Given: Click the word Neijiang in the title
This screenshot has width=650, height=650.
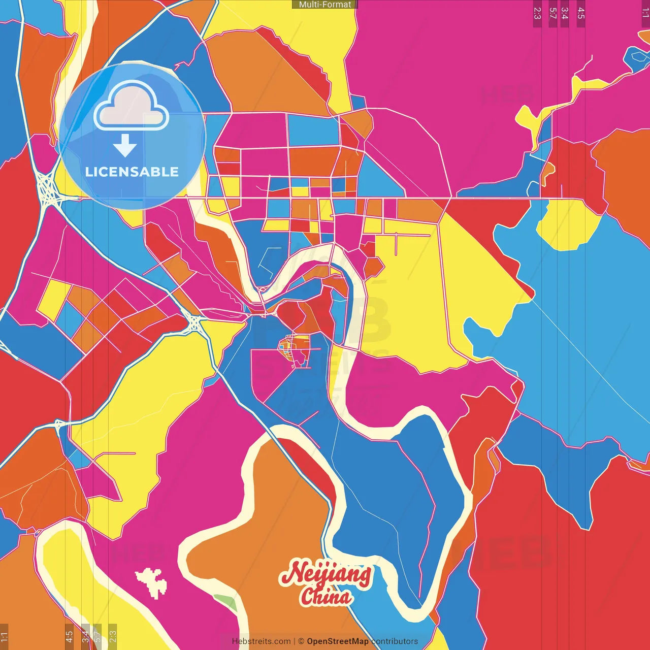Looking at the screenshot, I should pos(325,574).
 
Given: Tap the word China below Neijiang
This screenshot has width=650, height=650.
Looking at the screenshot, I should pos(325,596).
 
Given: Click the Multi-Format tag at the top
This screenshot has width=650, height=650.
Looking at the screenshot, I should pos(325,5).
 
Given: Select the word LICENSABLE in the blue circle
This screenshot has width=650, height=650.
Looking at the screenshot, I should pos(132,172).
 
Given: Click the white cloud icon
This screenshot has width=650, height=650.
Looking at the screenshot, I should pos(131,106).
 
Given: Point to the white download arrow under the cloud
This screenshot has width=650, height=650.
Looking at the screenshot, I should pos(125,146).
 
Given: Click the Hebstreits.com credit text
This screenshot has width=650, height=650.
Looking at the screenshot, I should pos(261,641).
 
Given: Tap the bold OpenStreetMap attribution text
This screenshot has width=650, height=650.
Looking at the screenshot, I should pos(338,641).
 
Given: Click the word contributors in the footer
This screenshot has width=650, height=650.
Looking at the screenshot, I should pos(395,641).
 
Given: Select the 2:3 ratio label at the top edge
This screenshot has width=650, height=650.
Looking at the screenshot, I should pos(537,13).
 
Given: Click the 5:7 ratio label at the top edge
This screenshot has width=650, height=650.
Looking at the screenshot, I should pos(552,13).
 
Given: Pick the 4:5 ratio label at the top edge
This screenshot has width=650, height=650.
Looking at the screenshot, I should pos(581,13).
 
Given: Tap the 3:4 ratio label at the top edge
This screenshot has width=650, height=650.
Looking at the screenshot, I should pos(564,13).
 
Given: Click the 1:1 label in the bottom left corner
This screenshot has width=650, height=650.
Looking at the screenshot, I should pos(4,636).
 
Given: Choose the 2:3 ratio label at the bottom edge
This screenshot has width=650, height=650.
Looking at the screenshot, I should pos(113,636).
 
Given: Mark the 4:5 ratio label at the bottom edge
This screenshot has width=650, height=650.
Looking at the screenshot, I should pos(69,636).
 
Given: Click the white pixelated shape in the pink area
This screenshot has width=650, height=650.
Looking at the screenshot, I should pos(151,581).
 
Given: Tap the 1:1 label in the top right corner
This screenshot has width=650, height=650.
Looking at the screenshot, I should pos(645,13).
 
